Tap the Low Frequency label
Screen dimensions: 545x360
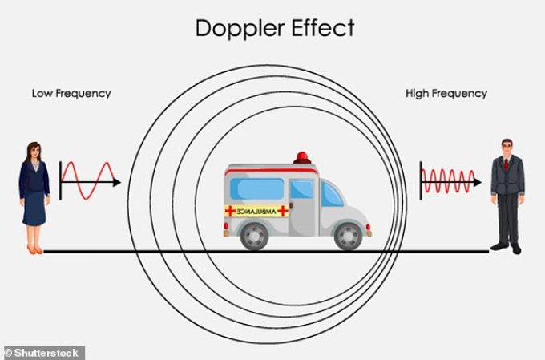pyautogui.click(x=71, y=94)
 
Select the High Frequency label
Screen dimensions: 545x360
pyautogui.click(x=446, y=94)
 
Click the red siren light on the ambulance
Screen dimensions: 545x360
pyautogui.click(x=302, y=157)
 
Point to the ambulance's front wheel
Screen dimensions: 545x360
pyautogui.click(x=349, y=237)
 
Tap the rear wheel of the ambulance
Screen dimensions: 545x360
pyautogui.click(x=254, y=237)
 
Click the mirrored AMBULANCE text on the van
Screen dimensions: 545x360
pyautogui.click(x=256, y=212)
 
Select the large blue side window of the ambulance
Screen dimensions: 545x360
pyautogui.click(x=257, y=189)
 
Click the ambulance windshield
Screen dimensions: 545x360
pyautogui.click(x=331, y=195)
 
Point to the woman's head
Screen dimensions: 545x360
pyautogui.click(x=34, y=151)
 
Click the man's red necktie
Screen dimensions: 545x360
pyautogui.click(x=506, y=164)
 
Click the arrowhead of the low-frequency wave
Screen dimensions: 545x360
pyautogui.click(x=117, y=182)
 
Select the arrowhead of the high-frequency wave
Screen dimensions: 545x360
pyautogui.click(x=477, y=182)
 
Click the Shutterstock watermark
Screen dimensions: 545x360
pyautogui.click(x=42, y=353)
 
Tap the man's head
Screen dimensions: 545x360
pyautogui.click(x=507, y=148)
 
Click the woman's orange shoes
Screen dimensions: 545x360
pyautogui.click(x=34, y=249)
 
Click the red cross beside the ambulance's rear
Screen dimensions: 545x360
pyautogui.click(x=230, y=211)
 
